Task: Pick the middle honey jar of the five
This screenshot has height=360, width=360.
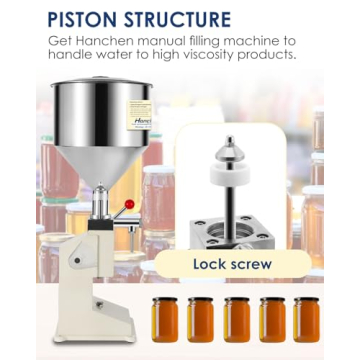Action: click(x=236, y=318)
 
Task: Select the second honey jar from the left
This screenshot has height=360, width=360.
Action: click(x=201, y=318)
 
